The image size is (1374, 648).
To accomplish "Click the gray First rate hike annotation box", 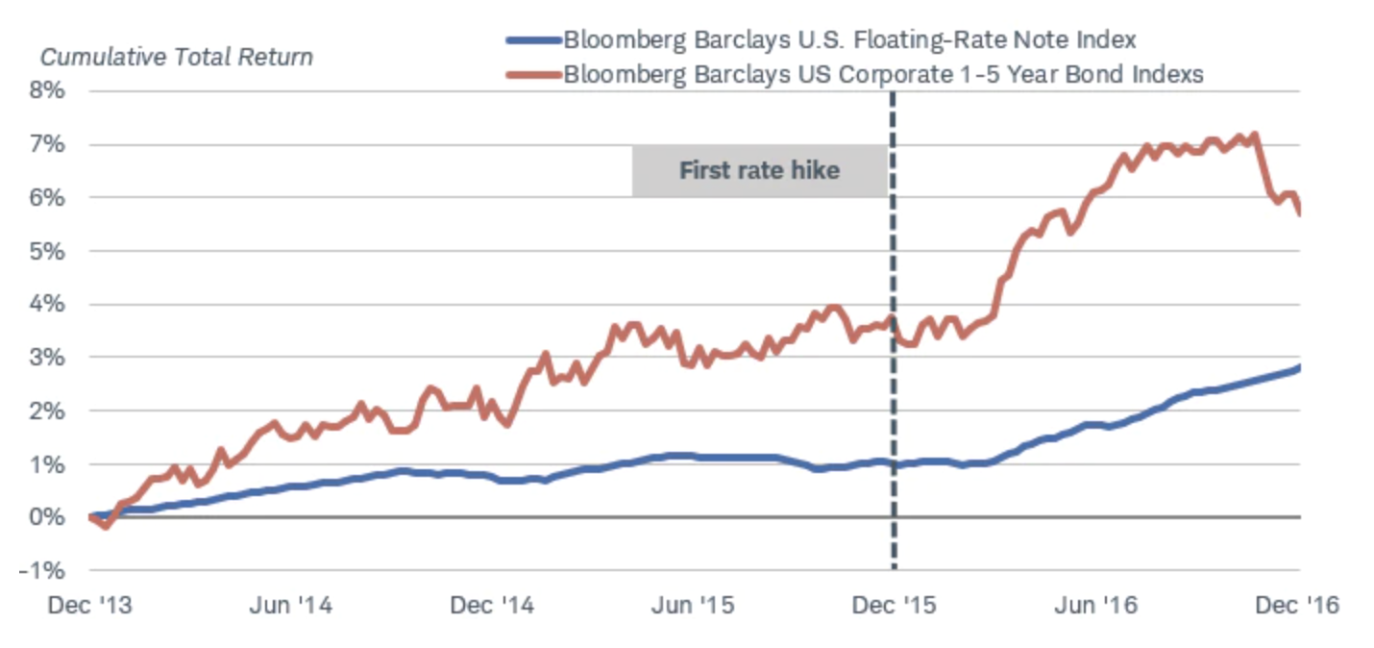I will (759, 171).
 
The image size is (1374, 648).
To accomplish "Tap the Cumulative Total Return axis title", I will (177, 57).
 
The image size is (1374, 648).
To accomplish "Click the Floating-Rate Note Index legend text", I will (849, 40).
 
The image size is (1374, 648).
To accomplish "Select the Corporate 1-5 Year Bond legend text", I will (883, 74).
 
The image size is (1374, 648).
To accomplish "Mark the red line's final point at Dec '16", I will (1299, 213).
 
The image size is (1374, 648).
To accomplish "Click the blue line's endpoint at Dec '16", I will (1299, 366).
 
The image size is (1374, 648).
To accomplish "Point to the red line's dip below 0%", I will (106, 526).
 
